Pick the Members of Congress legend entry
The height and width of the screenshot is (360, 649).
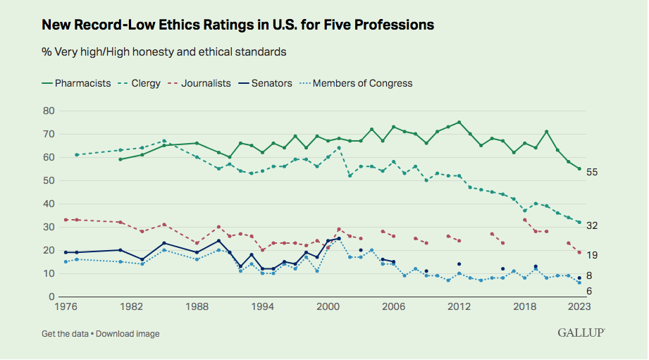point(362,83)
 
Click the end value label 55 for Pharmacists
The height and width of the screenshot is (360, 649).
point(593,172)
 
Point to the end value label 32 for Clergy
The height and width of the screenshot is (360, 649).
point(593,225)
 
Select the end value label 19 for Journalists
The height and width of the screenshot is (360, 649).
point(593,254)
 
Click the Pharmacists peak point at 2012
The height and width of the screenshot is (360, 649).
point(459,123)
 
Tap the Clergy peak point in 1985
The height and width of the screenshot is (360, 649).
point(164,141)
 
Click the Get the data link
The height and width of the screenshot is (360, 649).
point(66,333)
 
